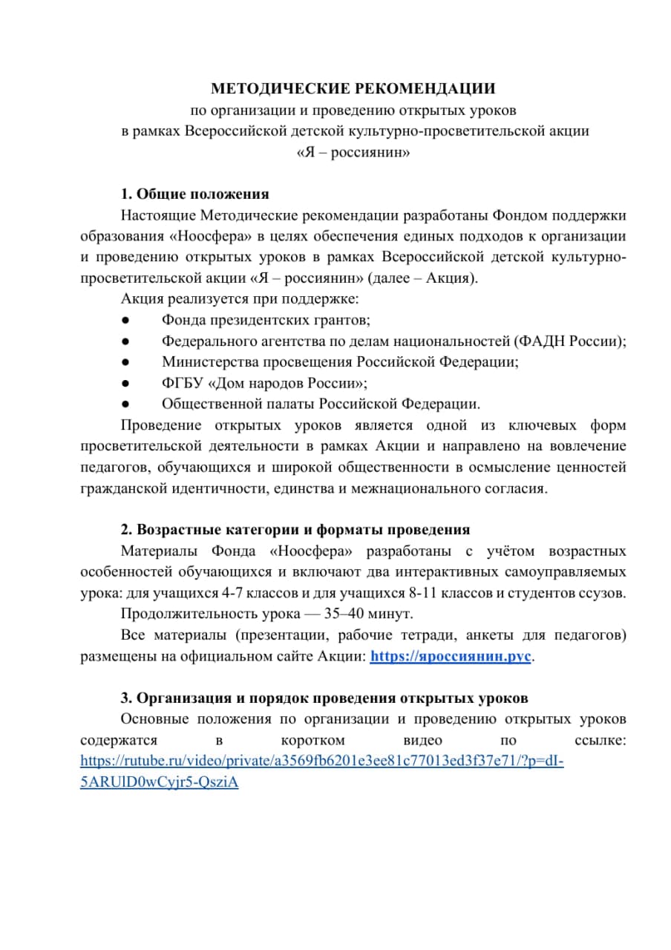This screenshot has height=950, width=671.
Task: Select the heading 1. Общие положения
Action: [194, 194]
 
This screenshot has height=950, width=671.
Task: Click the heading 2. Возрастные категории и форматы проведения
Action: [295, 530]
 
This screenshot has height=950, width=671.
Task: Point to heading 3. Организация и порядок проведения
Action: [324, 698]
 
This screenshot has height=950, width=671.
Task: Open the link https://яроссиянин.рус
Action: [451, 657]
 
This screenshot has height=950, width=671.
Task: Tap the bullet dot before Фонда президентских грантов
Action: [126, 320]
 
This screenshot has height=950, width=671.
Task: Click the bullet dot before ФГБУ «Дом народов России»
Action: [126, 384]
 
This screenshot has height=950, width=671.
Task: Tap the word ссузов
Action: [604, 594]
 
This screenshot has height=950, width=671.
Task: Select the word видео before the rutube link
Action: [422, 741]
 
